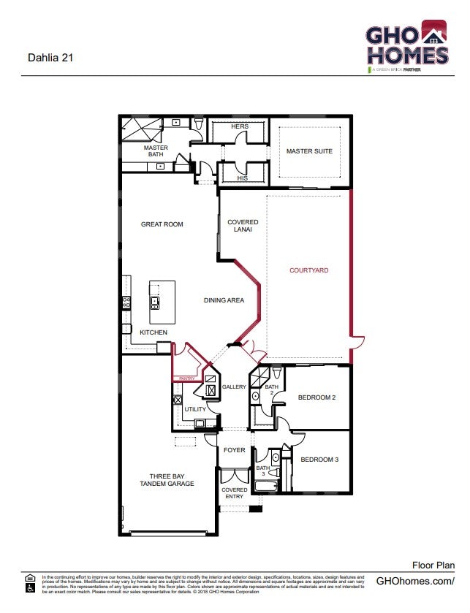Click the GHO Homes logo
(406, 45)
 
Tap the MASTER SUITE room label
(308, 151)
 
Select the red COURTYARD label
(308, 270)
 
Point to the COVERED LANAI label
(242, 226)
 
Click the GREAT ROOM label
(162, 224)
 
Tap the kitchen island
(162, 302)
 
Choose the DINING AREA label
(224, 300)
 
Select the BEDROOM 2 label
(317, 398)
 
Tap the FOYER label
(234, 450)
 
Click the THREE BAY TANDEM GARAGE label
(167, 479)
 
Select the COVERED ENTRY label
(234, 494)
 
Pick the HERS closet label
(240, 126)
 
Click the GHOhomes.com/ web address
(414, 581)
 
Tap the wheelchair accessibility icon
(31, 588)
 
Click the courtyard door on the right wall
(357, 340)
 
